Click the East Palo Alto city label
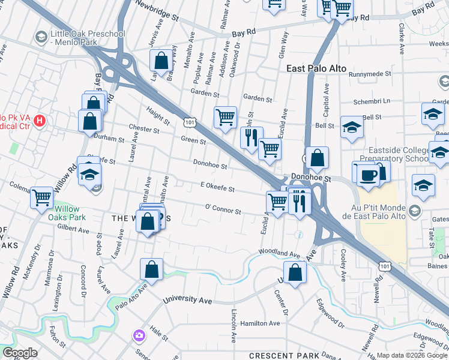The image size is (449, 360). click(x=316, y=68)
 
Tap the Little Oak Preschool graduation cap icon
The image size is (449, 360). click(x=41, y=37)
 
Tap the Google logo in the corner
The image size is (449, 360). click(x=20, y=353)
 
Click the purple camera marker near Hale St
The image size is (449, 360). click(x=139, y=334)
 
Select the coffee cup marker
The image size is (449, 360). click(x=367, y=175)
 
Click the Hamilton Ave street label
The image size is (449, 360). click(x=260, y=323)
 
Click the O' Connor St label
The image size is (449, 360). click(x=223, y=211)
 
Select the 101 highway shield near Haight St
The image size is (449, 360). click(x=189, y=122)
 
